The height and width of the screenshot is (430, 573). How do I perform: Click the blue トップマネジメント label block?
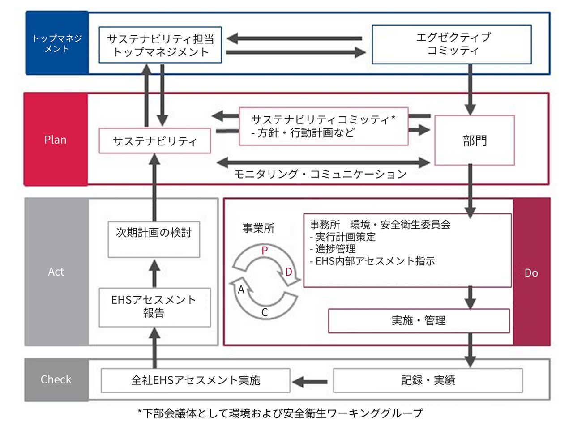point(57,43)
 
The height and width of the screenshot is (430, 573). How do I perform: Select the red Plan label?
point(56,140)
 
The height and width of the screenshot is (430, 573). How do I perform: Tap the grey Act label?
point(56,272)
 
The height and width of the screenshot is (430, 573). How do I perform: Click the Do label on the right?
point(531,272)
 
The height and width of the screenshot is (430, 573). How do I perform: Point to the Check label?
point(56,379)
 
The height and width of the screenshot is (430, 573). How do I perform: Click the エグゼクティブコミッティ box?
point(452,44)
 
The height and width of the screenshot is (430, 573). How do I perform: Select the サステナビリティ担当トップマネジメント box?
point(160,45)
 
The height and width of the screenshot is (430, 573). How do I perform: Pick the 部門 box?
point(475,140)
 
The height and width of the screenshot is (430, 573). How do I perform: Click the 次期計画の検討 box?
point(154,239)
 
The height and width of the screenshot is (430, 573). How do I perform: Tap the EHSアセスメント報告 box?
point(154,307)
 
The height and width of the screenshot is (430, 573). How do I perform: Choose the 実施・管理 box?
point(419,320)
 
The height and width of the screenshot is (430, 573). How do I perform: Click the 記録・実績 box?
point(428,380)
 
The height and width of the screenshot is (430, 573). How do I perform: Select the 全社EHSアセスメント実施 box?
point(196,380)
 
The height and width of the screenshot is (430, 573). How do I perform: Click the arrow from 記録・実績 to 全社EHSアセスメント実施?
point(311,382)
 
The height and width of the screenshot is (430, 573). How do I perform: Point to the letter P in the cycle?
point(265,251)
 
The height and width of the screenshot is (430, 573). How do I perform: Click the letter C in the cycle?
point(265,312)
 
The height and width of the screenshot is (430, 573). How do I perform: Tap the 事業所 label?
point(258,228)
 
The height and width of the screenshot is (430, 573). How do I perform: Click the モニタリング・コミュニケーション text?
point(321,174)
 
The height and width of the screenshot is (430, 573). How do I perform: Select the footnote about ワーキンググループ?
point(280,413)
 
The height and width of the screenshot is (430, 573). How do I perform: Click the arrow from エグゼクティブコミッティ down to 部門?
point(470,89)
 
